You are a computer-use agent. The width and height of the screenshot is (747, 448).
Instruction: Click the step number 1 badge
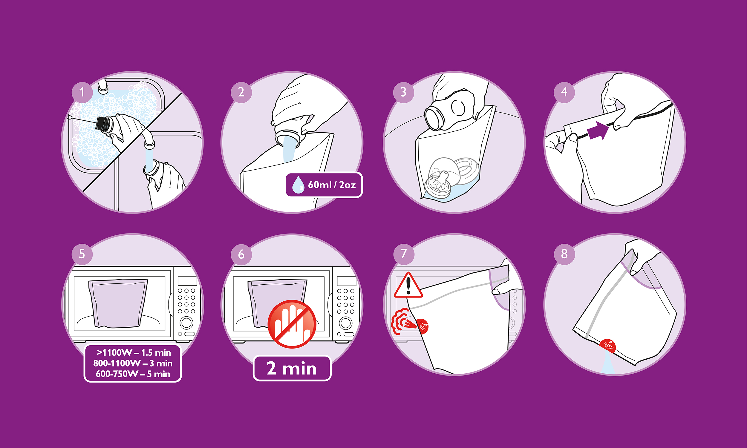point(82,92)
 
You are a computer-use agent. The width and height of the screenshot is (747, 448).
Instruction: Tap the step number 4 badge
point(564,92)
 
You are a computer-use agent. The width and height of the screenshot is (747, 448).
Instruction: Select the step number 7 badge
point(404,254)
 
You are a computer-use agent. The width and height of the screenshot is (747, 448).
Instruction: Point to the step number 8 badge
point(564,254)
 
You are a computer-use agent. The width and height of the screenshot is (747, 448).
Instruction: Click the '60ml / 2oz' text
point(332,185)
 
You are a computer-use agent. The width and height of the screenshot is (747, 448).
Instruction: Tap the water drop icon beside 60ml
point(298,185)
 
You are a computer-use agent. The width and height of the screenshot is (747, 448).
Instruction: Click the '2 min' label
point(292,368)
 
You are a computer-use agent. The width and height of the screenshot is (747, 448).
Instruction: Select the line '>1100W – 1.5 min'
point(134,353)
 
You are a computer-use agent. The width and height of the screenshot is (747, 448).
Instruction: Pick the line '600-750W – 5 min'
point(133,374)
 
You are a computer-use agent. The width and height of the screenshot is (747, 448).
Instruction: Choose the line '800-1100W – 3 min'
point(133,363)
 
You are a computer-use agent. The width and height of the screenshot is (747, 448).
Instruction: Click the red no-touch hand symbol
point(292,324)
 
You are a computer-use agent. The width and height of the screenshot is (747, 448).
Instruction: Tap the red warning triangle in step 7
point(408,285)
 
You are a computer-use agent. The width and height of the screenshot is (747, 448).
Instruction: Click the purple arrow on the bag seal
point(598,131)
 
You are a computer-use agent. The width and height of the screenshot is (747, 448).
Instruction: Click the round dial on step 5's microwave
point(186,323)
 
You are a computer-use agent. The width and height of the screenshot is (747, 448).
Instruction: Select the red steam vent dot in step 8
point(607,346)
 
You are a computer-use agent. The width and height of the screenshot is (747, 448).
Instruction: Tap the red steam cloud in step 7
point(402,321)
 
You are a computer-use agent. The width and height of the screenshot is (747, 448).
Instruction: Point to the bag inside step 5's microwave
point(118,303)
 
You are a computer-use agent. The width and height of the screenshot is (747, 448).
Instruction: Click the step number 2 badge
point(241,92)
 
